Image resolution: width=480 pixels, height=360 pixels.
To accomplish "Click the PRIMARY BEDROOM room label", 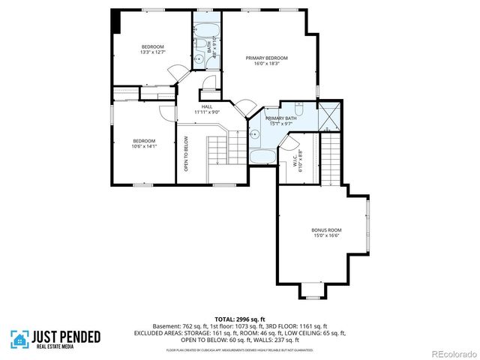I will coord(267,58).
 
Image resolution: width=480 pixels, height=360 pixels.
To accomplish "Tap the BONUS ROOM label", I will coord(326,229).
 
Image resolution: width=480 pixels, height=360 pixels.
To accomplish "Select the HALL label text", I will coord(206,106).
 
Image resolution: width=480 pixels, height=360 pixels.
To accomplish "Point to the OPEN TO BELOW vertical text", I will coord(186,154).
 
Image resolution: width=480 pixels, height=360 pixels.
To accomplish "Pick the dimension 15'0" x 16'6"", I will coord(326,235).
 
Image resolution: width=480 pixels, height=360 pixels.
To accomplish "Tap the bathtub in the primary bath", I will coord(262,157).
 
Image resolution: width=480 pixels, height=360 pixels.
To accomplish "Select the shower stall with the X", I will coord(328,116).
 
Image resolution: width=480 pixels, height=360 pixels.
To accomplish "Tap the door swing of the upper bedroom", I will coord(178,73).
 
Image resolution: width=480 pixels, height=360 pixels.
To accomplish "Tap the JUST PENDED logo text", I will coord(66,337).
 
